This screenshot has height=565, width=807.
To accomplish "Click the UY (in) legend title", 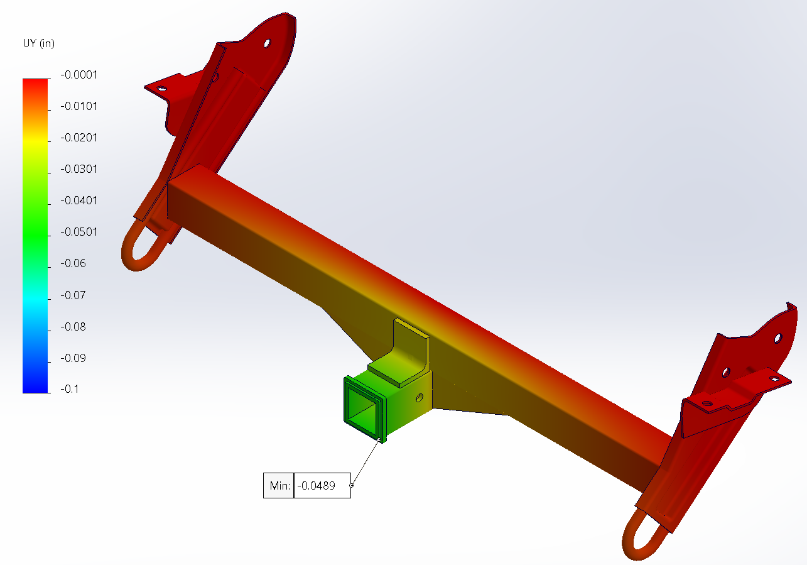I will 38,43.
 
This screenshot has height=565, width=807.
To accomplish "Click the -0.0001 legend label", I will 79,75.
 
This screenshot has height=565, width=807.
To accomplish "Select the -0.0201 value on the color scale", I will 79,138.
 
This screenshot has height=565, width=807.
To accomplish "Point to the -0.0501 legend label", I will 79,232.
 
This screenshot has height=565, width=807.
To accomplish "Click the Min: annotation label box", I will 278,485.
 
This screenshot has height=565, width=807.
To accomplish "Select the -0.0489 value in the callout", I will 322,485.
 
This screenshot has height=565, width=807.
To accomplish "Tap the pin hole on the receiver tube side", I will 420,398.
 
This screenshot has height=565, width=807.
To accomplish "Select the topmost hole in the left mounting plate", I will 267,44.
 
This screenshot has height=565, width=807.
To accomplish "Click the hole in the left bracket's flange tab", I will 162,89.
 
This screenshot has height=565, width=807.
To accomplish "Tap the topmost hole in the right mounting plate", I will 777,337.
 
